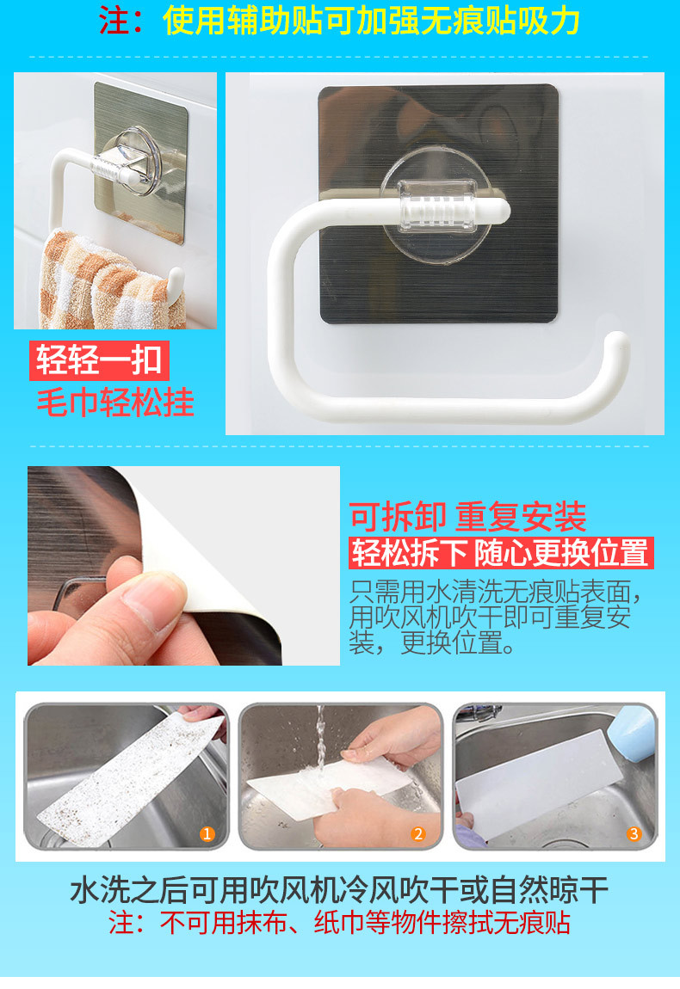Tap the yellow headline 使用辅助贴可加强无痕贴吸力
[x=372, y=21]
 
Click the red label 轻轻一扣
[x=99, y=360]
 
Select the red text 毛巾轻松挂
[x=115, y=402]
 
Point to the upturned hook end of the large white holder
[x=616, y=344]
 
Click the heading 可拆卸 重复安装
[x=468, y=517]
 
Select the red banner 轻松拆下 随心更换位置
[x=501, y=553]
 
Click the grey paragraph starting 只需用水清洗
[x=496, y=617]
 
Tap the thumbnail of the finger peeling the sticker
[x=183, y=566]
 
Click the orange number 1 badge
[x=207, y=834]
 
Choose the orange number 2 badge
[x=418, y=834]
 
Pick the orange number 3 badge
[x=634, y=834]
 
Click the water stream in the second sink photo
[x=321, y=738]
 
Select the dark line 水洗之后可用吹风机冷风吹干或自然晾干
[x=339, y=890]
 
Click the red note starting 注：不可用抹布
[x=339, y=923]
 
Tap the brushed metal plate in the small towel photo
[x=141, y=162]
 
